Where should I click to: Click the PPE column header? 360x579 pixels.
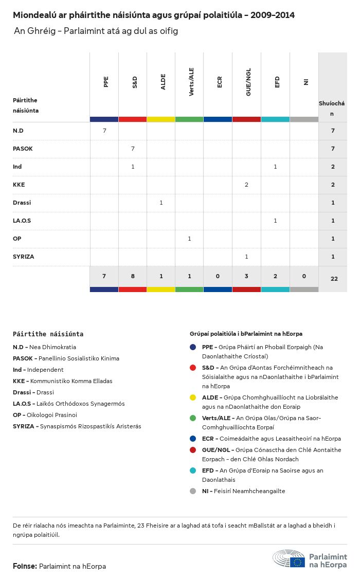pyautogui.click(x=106, y=82)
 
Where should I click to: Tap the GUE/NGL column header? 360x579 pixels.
pyautogui.click(x=248, y=85)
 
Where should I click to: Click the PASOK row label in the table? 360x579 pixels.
pyautogui.click(x=23, y=149)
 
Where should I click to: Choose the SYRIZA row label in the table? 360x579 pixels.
pyautogui.click(x=24, y=257)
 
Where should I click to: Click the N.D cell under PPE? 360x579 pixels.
pyautogui.click(x=104, y=131)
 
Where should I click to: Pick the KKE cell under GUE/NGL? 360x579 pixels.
pyautogui.click(x=246, y=185)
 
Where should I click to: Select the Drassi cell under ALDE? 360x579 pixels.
pyautogui.click(x=161, y=203)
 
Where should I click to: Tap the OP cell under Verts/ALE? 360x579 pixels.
pyautogui.click(x=189, y=239)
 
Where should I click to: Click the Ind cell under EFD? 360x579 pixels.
pyautogui.click(x=275, y=167)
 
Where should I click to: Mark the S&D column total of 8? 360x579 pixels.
pyautogui.click(x=133, y=277)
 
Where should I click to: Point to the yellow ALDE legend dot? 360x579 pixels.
pyautogui.click(x=193, y=397)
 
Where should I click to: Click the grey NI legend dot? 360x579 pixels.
pyautogui.click(x=193, y=491)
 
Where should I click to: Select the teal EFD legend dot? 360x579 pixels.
pyautogui.click(x=193, y=471)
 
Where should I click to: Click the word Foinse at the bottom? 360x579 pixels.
pyautogui.click(x=25, y=566)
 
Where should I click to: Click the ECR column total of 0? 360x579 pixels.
pyautogui.click(x=218, y=277)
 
